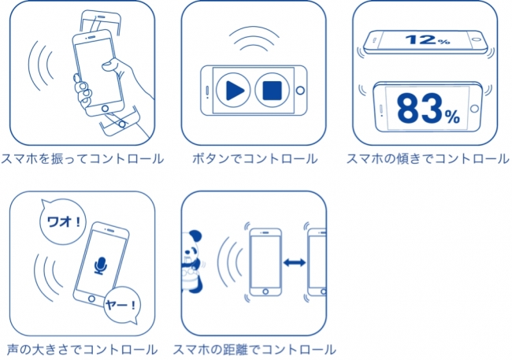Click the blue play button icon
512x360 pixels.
pyautogui.click(x=233, y=89)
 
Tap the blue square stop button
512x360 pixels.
pyautogui.click(x=272, y=89)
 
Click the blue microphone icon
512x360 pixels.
pyautogui.click(x=100, y=266)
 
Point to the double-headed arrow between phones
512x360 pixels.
pyautogui.click(x=294, y=263)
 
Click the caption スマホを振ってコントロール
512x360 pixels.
pyautogui.click(x=83, y=158)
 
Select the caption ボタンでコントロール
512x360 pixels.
pyautogui.click(x=254, y=158)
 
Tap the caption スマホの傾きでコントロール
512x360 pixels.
pyautogui.click(x=428, y=158)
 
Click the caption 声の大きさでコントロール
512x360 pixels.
pyautogui.click(x=83, y=349)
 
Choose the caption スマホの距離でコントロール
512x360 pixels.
pyautogui.click(x=254, y=349)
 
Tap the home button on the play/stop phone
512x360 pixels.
pyautogui.click(x=298, y=90)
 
